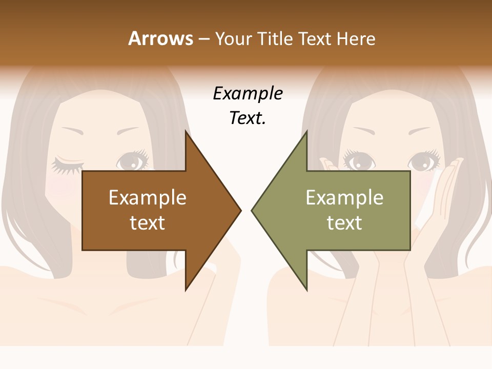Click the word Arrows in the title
(161, 38)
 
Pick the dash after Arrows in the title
(204, 39)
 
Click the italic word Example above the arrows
(248, 94)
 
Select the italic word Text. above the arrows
(248, 118)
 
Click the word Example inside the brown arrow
(148, 197)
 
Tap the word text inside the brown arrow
(148, 222)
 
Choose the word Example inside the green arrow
(344, 197)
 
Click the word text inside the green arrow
(344, 222)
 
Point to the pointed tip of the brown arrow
(241, 210)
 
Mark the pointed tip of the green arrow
(252, 210)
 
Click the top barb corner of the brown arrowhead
(186, 131)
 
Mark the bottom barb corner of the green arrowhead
(306, 290)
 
